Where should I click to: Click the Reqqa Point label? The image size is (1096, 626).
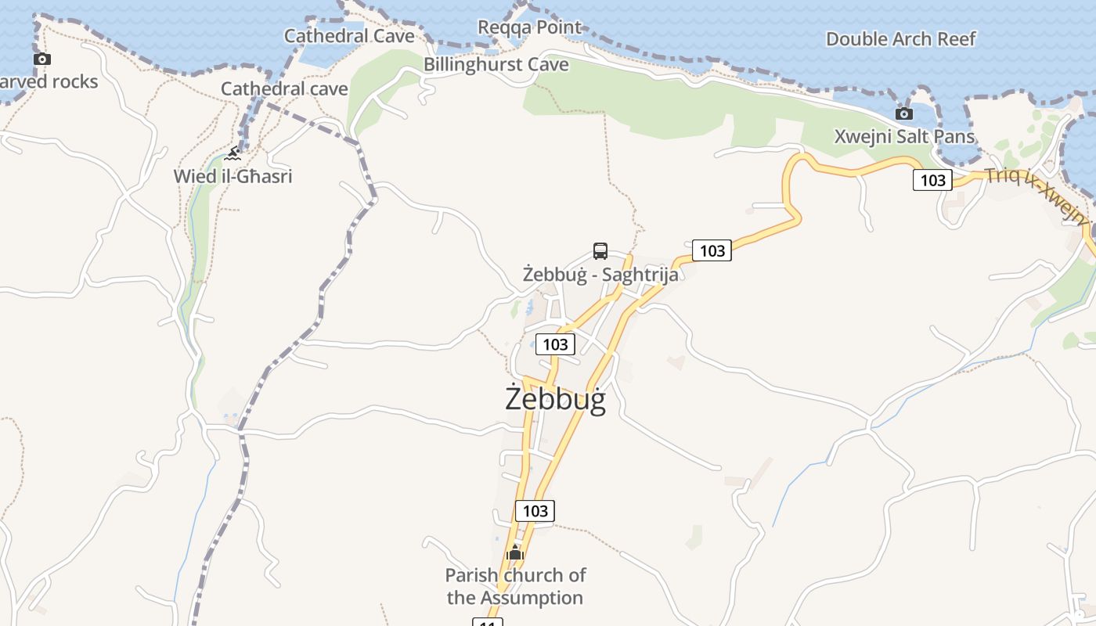tap(530, 27)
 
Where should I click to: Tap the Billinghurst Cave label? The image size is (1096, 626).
tap(496, 64)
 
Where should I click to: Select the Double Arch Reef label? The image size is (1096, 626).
tap(901, 38)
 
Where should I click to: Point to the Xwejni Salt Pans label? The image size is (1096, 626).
tap(904, 136)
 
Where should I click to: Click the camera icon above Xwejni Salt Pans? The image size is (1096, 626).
tap(904, 114)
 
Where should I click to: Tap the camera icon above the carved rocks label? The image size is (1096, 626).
tap(42, 59)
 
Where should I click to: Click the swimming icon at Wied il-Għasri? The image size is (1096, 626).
tap(232, 153)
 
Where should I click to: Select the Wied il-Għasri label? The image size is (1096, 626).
tap(233, 176)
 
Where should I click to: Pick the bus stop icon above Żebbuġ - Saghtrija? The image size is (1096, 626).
tap(600, 251)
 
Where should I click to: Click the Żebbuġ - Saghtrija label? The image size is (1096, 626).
tap(600, 275)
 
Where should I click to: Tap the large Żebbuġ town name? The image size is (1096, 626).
tap(556, 399)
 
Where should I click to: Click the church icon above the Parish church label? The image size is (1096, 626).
tap(514, 552)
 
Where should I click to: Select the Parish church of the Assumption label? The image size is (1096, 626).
tap(515, 586)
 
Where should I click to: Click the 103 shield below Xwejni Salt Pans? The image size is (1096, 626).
tap(932, 180)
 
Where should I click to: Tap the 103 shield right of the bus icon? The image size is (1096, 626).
tap(712, 250)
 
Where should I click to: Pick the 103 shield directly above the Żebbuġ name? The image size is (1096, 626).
tap(555, 344)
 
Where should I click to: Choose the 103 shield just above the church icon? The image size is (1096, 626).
tap(535, 511)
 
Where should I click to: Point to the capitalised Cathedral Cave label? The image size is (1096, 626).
tap(349, 35)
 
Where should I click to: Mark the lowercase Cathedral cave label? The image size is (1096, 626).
tap(284, 88)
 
